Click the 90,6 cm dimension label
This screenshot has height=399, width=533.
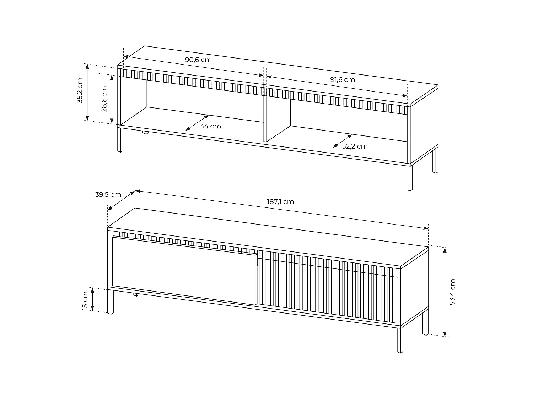[198, 60]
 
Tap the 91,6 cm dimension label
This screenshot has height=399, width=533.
[343, 79]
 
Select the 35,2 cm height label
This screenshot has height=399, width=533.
[80, 90]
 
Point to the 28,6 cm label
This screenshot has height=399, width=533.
[104, 99]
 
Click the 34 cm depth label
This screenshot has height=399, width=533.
[210, 126]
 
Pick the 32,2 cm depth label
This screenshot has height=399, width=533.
[355, 146]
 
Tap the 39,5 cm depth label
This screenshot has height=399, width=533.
[108, 195]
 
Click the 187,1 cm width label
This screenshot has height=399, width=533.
[280, 202]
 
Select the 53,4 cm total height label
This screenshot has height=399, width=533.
[452, 292]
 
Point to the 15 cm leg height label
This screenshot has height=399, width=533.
[85, 301]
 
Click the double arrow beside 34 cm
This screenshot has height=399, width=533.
[197, 122]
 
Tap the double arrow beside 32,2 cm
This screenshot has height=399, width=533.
[343, 141]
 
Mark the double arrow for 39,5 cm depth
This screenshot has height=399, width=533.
[121, 200]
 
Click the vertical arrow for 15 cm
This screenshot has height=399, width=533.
[93, 299]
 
